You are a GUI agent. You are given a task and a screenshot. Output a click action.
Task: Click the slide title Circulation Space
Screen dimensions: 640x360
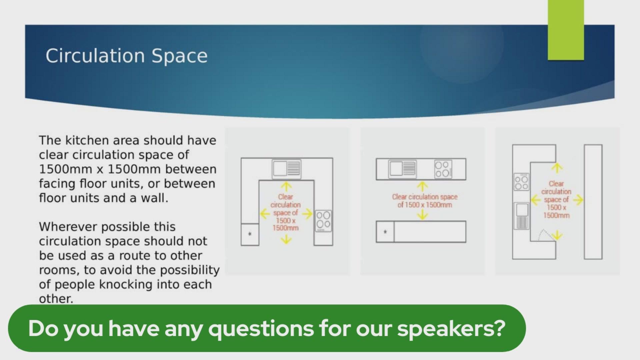click(x=127, y=56)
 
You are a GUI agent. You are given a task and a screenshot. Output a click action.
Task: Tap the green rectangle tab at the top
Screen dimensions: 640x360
click(x=566, y=30)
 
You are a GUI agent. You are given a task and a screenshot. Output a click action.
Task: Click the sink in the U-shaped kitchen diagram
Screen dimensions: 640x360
click(x=287, y=169)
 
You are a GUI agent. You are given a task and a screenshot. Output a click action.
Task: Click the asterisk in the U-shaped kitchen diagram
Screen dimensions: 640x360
click(x=250, y=234)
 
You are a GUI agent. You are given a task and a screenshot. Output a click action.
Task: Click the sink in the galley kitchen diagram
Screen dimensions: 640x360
click(x=402, y=169)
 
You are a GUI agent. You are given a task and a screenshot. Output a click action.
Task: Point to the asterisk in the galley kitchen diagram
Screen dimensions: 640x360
click(x=385, y=232)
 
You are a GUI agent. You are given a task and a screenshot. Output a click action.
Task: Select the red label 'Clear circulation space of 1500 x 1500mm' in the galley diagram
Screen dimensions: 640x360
click(x=425, y=201)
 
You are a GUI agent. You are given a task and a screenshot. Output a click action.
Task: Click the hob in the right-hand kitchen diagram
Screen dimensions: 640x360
click(x=521, y=182)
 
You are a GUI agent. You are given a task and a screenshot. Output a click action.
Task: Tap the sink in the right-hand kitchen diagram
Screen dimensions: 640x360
click(x=522, y=216)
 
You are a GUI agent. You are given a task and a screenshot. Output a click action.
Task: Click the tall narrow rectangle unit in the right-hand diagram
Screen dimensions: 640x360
click(x=593, y=202)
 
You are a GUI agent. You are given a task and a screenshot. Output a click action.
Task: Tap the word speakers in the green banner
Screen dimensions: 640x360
click(x=451, y=329)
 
